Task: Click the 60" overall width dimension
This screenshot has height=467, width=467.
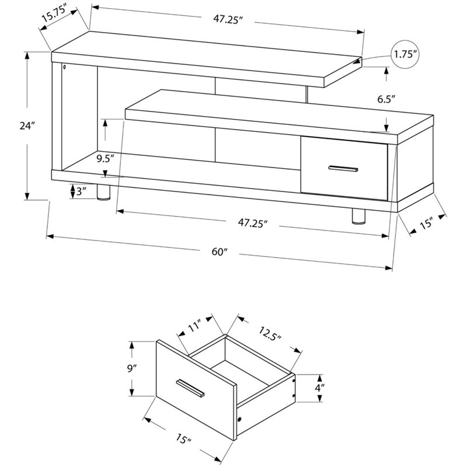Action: tap(219, 252)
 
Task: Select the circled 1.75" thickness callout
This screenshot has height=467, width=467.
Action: tap(406, 55)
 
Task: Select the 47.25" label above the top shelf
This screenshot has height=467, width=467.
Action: tap(227, 19)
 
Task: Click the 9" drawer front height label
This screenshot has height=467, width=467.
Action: tap(133, 368)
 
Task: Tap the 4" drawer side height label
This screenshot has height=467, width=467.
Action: tap(320, 388)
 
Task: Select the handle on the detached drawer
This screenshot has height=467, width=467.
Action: tap(189, 388)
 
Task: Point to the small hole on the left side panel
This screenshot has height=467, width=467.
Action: tap(63, 68)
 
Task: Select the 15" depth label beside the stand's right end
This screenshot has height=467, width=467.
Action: tap(426, 224)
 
